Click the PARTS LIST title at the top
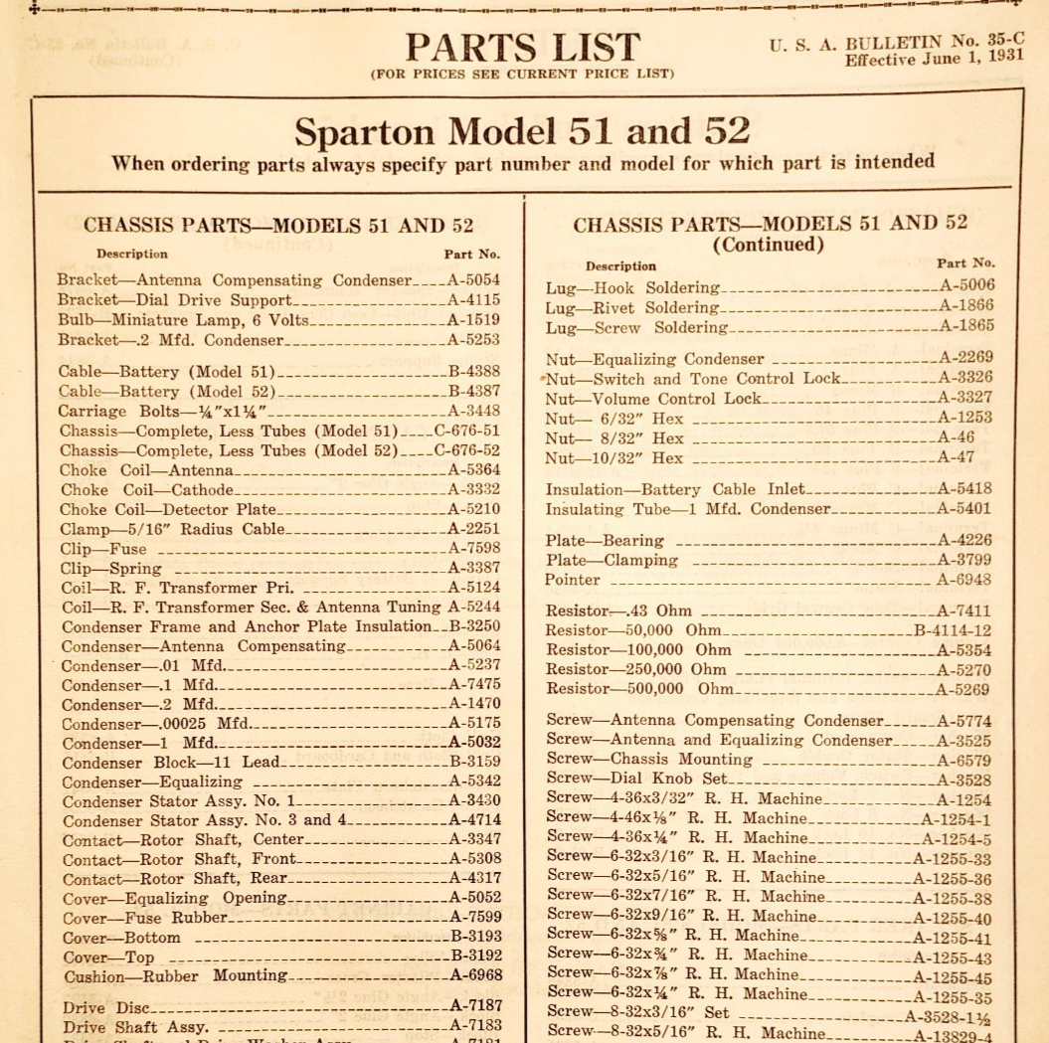tap(522, 47)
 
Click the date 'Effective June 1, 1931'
tap(934, 59)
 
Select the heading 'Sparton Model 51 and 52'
tap(522, 130)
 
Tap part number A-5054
tap(473, 280)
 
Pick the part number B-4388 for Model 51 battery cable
tap(473, 372)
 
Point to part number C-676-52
tap(467, 450)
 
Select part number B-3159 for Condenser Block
tap(475, 763)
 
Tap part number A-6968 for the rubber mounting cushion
tap(476, 976)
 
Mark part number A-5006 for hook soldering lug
tap(966, 285)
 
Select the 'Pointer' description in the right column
tap(573, 580)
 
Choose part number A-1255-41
tap(952, 938)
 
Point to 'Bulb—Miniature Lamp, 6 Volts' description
tap(183, 320)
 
